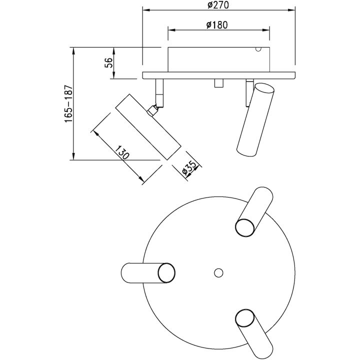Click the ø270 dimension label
click(x=218, y=5)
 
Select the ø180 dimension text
click(x=217, y=25)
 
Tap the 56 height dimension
click(x=108, y=62)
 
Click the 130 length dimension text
click(x=122, y=152)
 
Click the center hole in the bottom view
click(x=218, y=273)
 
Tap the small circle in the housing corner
click(x=258, y=49)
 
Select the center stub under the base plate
click(x=219, y=83)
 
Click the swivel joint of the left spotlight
click(x=152, y=110)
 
